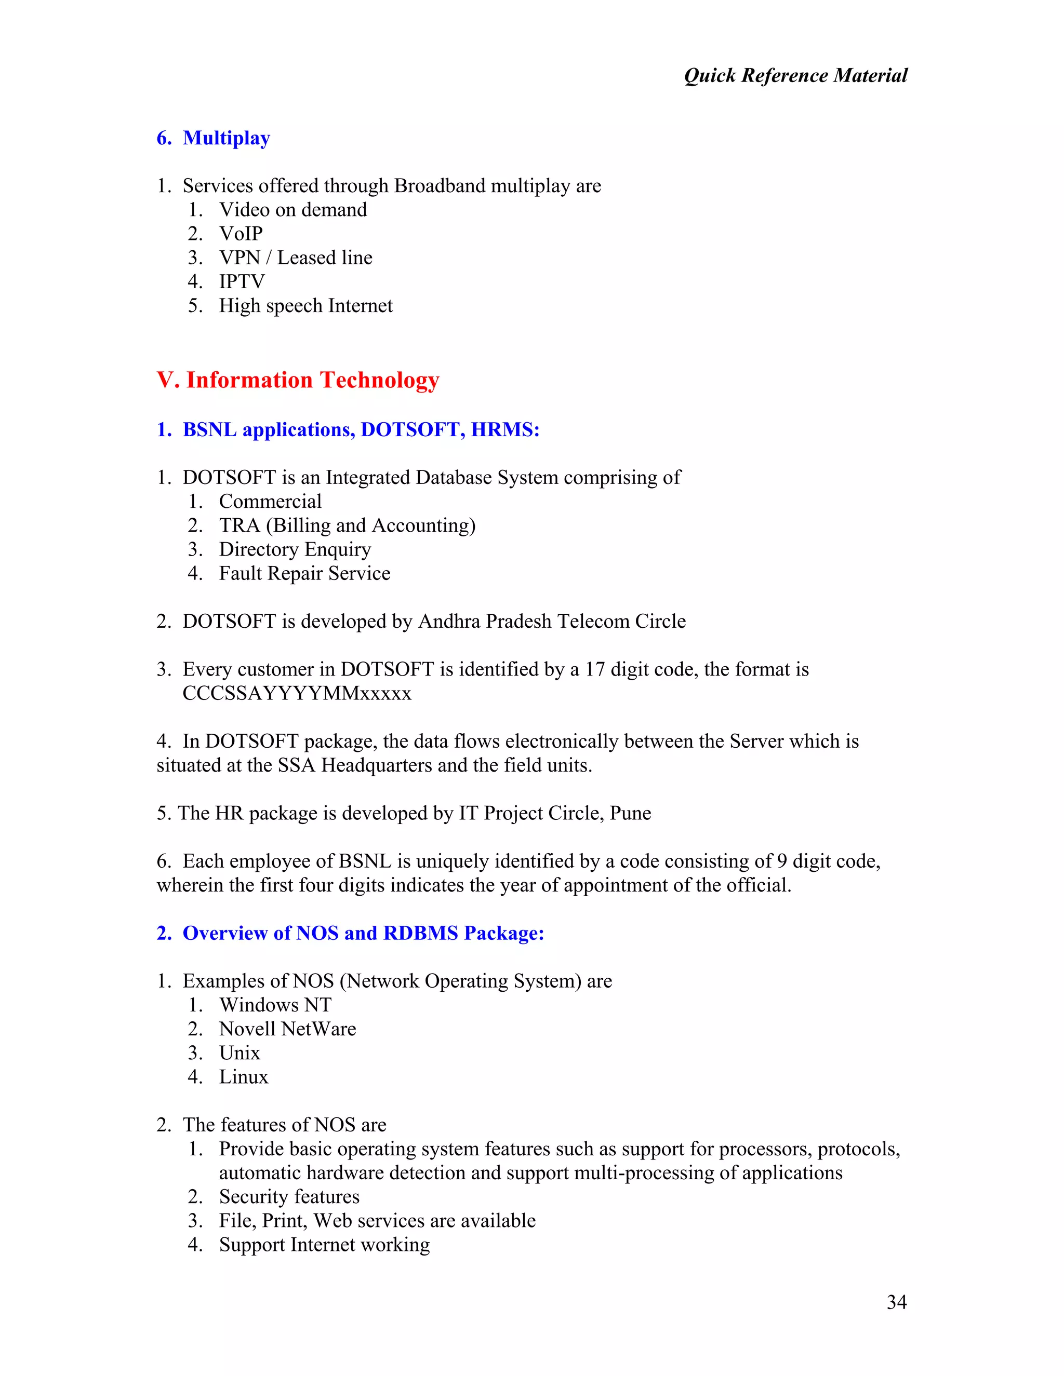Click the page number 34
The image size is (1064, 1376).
coord(896,1302)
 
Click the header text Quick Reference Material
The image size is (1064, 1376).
coord(795,76)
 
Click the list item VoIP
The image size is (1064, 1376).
coord(241,234)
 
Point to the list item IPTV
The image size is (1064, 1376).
coord(242,281)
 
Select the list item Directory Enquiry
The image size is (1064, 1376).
coord(295,549)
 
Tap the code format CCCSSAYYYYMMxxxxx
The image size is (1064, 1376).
coord(297,694)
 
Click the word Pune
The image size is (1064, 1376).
coord(630,813)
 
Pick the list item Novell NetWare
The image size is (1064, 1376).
coord(287,1029)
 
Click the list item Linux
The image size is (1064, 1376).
coord(243,1077)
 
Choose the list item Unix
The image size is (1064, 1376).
coord(240,1053)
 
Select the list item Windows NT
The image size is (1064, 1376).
coord(275,1005)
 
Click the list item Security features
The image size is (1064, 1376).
coord(289,1196)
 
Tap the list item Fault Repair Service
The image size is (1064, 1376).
coord(304,573)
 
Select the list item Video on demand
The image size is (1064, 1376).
coord(292,210)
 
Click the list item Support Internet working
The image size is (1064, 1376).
coord(324,1244)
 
